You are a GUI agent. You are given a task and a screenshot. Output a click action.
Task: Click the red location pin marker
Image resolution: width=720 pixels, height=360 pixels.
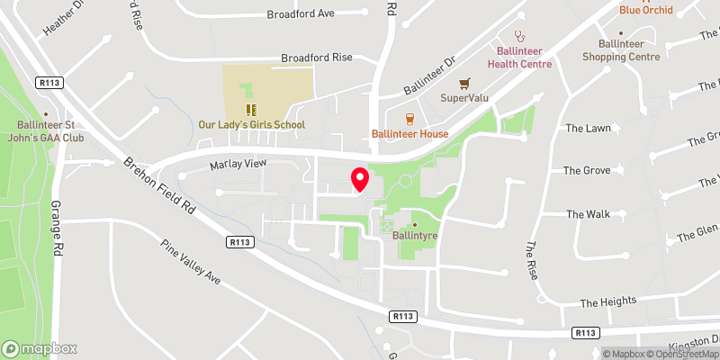[359, 179]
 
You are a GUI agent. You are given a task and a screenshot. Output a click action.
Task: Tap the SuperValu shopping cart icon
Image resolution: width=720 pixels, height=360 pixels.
[464, 83]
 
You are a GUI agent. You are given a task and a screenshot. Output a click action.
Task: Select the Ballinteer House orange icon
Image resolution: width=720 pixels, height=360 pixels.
[410, 118]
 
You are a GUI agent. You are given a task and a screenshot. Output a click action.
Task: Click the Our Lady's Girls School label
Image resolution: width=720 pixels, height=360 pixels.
[251, 125]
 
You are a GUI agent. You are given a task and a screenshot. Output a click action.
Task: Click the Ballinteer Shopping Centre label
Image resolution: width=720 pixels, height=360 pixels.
[621, 50]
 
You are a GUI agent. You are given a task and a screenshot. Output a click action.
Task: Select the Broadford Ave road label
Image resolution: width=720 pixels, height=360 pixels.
[301, 14]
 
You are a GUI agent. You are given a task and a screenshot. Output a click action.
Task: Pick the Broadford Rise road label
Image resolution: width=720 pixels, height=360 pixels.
[316, 57]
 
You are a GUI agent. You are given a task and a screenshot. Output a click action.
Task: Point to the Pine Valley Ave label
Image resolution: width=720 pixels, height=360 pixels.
[190, 262]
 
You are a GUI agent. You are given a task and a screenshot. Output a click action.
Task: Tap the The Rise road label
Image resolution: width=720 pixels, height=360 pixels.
[532, 261]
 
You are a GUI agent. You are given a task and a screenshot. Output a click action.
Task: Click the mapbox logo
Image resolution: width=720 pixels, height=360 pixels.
[40, 348]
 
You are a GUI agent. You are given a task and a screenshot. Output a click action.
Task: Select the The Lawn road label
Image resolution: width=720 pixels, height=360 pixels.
[588, 129]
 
